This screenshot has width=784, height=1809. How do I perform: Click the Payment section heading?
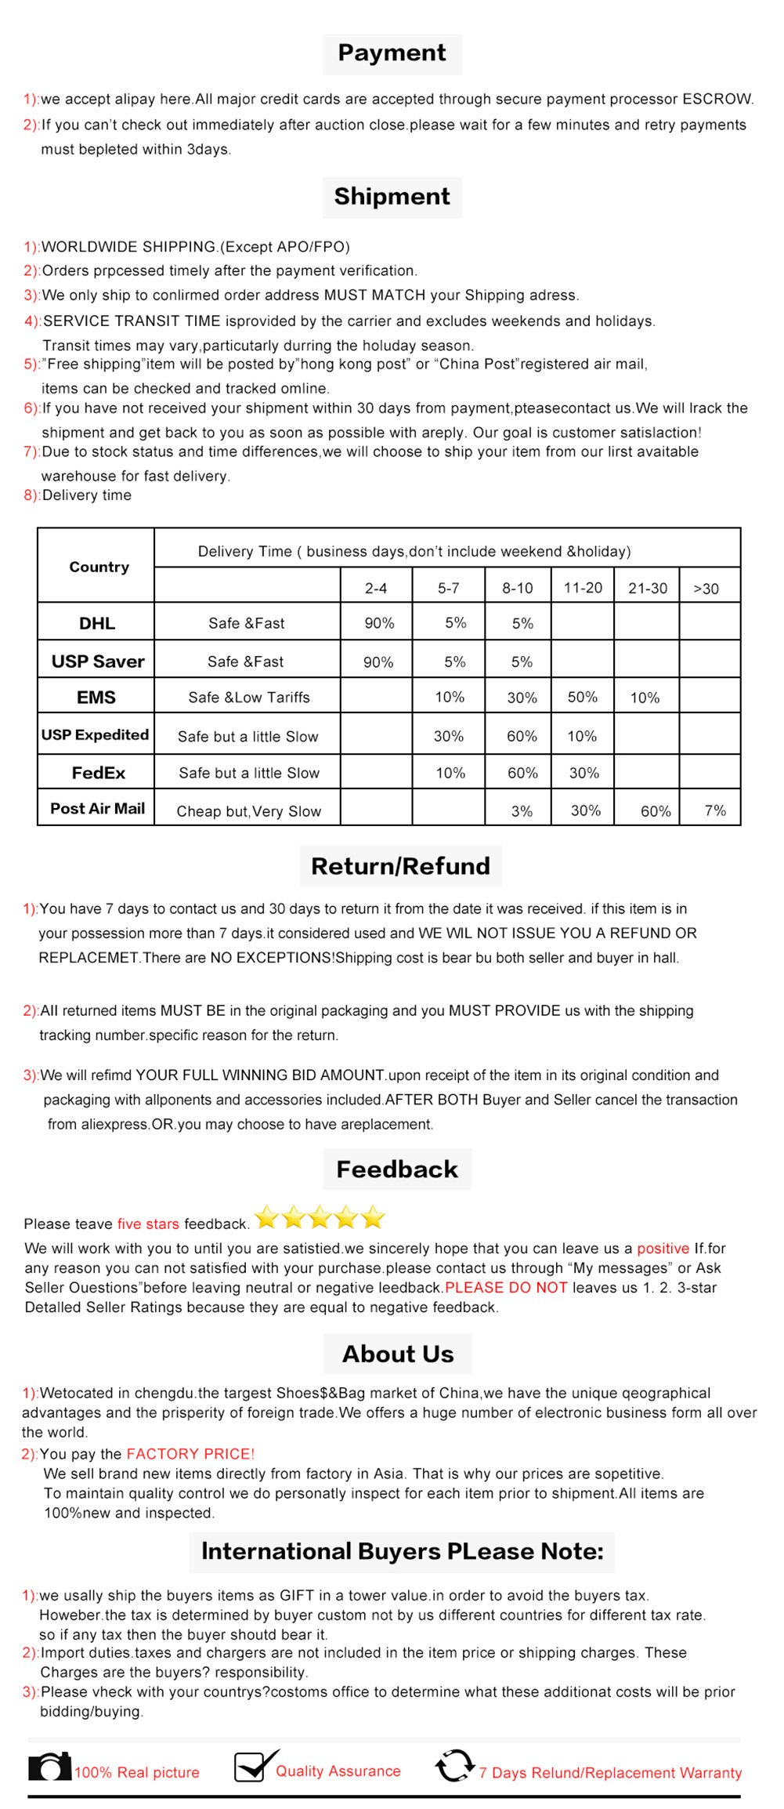[x=392, y=53]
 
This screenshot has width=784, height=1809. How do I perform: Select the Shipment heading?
[x=392, y=197]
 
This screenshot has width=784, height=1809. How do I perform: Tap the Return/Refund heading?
[x=400, y=866]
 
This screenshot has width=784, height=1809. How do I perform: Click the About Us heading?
[x=397, y=1354]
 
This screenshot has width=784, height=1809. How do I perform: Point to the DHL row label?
[x=97, y=623]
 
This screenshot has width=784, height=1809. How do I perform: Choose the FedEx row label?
[x=99, y=773]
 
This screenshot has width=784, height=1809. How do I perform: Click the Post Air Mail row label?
[x=98, y=809]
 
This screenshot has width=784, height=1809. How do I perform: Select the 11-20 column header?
[x=583, y=588]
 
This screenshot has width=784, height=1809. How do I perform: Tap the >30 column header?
[x=706, y=589]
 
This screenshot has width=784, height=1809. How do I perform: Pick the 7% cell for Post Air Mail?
[x=715, y=810]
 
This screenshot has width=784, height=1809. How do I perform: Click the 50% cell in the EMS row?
[x=583, y=697]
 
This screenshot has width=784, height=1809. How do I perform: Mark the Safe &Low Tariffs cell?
[x=249, y=698]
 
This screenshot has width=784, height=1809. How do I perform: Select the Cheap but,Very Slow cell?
[x=249, y=811]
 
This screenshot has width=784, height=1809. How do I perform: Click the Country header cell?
[x=99, y=567]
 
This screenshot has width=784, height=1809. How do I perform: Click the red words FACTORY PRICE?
[x=190, y=1453]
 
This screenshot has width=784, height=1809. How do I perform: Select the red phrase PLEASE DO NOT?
[x=506, y=1287]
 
